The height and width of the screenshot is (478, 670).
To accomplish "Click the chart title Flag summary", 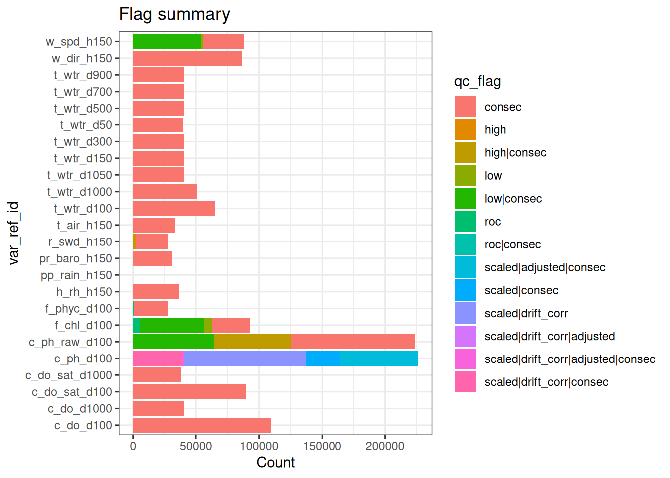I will (x=174, y=14).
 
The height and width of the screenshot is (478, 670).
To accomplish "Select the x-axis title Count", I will (x=275, y=462).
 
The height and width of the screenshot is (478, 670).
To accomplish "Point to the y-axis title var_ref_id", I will (x=14, y=233).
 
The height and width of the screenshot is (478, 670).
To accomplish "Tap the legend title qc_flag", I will (x=477, y=81).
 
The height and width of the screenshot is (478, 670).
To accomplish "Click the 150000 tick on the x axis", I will (x=322, y=446).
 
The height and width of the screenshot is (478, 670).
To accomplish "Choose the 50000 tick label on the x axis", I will (x=196, y=446).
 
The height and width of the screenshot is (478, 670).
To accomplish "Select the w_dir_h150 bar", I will (x=187, y=58).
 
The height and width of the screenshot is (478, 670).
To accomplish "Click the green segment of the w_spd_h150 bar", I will (x=167, y=41).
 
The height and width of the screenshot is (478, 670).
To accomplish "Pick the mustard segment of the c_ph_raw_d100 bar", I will (x=252, y=342).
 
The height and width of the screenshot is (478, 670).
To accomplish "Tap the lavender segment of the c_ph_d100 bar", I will (x=245, y=358).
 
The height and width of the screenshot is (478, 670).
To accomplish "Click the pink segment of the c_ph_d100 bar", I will (x=159, y=358).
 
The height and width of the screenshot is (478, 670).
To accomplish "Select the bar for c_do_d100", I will (x=202, y=425).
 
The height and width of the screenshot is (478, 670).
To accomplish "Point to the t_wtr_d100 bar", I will (x=174, y=208).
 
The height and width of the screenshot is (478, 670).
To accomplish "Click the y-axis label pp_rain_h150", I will (x=76, y=275).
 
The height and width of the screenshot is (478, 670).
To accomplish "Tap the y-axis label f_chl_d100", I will (x=83, y=325).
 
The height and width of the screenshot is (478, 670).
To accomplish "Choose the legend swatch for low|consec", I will (x=466, y=199).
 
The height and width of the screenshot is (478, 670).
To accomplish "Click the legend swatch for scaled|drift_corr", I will (x=466, y=313).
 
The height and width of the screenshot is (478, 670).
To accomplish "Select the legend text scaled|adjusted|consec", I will (x=545, y=267).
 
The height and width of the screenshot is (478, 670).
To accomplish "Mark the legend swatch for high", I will (x=466, y=130).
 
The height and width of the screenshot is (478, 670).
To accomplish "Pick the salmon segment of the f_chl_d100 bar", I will (x=231, y=325).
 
